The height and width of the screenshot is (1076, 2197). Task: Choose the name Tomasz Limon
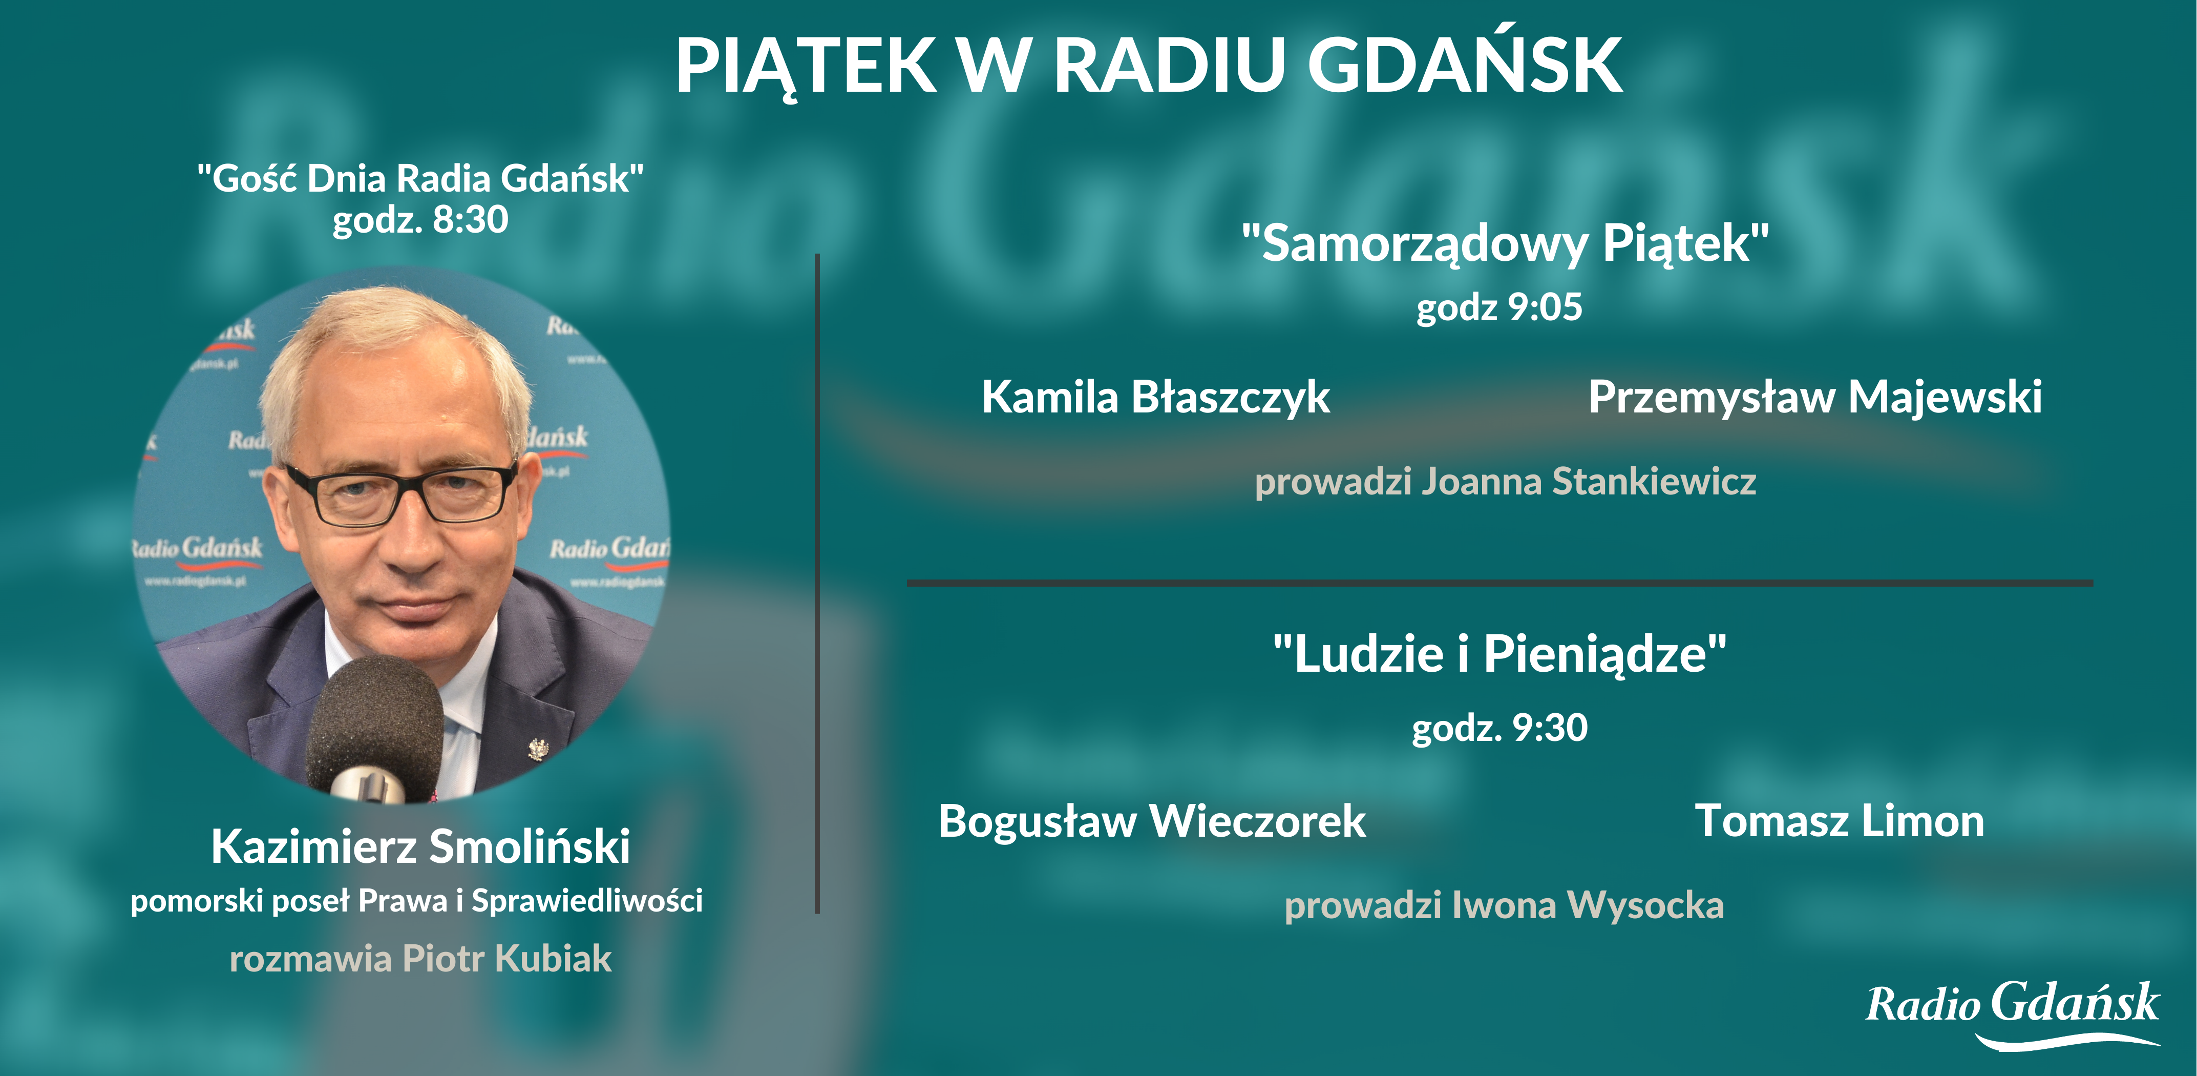pos(1839,821)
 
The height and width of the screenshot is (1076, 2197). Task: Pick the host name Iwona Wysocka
pos(1588,905)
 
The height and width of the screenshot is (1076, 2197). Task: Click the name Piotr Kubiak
pos(506,958)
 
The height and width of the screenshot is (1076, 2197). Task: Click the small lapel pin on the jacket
pos(537,749)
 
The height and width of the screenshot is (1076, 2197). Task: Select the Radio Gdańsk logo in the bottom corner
pos(2013,1013)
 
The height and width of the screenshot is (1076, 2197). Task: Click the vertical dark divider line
pos(817,584)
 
